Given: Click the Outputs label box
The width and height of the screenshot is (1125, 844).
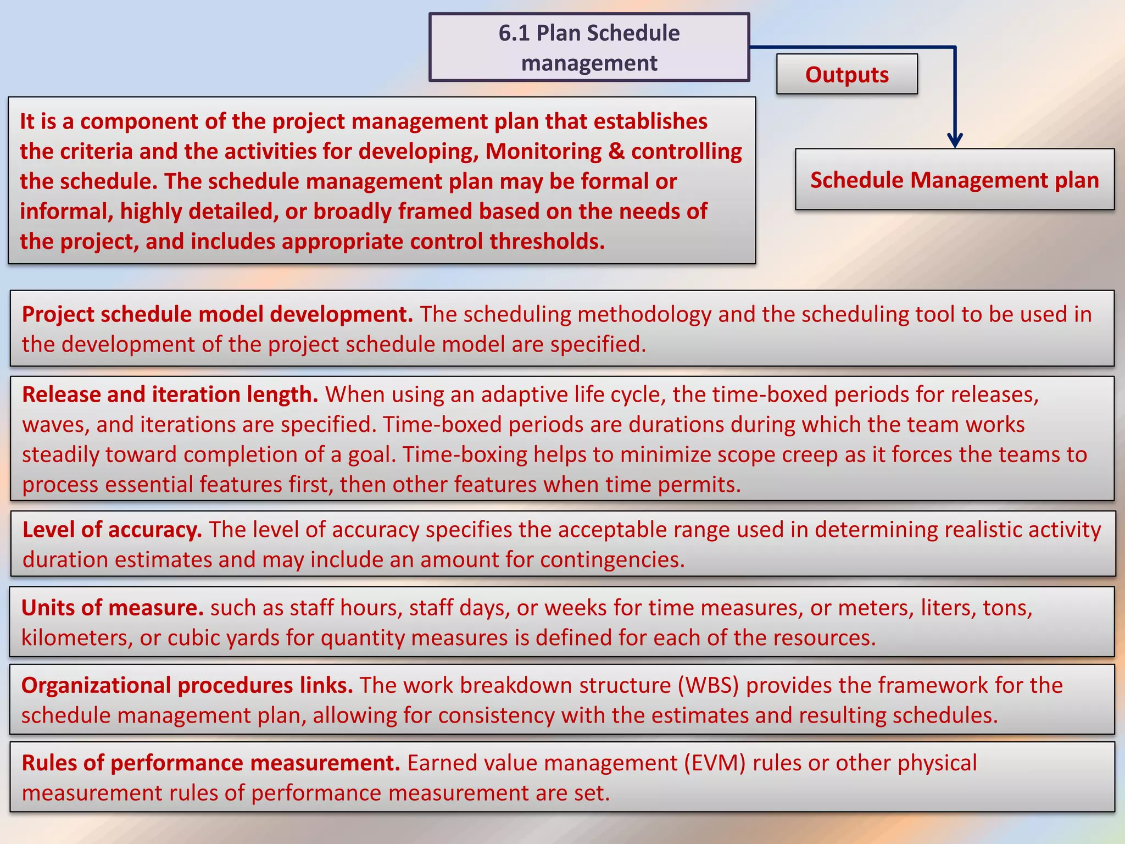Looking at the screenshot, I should (846, 75).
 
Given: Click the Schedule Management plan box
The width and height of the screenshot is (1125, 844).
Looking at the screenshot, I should (954, 180).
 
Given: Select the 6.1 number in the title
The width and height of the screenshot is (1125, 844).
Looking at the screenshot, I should (514, 34).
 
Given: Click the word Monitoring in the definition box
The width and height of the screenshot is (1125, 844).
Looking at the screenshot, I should (543, 152).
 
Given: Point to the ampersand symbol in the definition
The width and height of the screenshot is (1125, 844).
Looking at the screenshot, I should (616, 152).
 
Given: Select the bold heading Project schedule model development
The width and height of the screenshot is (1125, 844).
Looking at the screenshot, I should (217, 314).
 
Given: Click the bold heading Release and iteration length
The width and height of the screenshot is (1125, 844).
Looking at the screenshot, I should (170, 395).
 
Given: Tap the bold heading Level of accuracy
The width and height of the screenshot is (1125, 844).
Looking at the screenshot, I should (112, 530).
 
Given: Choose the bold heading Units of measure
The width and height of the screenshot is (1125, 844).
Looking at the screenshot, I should (112, 608).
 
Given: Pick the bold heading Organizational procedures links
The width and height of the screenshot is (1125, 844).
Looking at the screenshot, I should (187, 686).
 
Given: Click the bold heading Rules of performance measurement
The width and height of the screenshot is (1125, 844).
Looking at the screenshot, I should (210, 763).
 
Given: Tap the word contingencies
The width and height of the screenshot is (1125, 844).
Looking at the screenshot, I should (611, 560).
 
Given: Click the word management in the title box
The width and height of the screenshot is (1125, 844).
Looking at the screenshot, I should (589, 63).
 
